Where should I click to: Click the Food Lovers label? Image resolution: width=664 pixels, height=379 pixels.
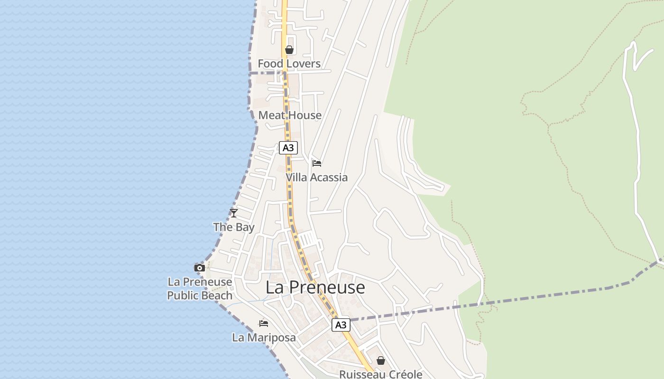(x=289, y=63)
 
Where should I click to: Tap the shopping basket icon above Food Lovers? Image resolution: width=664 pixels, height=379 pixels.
(x=289, y=50)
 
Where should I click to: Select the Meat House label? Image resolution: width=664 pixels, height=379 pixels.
(x=290, y=115)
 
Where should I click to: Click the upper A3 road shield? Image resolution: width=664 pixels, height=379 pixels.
(x=288, y=148)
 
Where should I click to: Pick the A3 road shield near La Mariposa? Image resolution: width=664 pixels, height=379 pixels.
(x=341, y=325)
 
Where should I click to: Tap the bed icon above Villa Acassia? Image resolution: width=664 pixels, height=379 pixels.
(x=317, y=163)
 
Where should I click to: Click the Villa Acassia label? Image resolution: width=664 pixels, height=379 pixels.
(x=316, y=177)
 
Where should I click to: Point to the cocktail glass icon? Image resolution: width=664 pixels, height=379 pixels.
(x=233, y=213)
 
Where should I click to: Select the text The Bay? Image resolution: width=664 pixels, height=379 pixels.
(x=234, y=227)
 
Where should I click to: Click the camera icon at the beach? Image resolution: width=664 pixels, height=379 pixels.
(x=200, y=268)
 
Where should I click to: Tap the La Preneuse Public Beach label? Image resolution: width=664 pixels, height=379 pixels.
(x=200, y=289)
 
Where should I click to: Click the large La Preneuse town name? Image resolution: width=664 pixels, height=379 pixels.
(x=315, y=287)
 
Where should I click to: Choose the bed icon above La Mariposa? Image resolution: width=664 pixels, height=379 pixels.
(x=264, y=324)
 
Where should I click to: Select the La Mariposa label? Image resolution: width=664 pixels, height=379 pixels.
(x=264, y=337)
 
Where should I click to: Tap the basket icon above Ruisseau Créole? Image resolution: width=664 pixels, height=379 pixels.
(x=380, y=361)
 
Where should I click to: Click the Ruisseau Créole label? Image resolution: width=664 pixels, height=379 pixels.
(x=380, y=374)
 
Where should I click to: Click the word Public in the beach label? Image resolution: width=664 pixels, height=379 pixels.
(x=183, y=295)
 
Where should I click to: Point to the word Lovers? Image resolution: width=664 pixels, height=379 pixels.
(x=303, y=63)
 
